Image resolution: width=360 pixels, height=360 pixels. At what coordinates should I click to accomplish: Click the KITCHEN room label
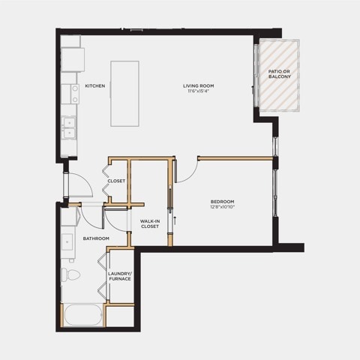[x=95, y=86]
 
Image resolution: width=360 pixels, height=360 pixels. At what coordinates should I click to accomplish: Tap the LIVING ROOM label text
[x=199, y=86]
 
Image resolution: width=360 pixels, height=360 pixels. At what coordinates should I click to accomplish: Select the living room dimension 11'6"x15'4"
[x=199, y=91]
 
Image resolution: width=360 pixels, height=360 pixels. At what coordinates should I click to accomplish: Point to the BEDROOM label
[x=222, y=202]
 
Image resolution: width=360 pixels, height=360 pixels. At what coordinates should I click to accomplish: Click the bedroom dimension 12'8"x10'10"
[x=222, y=207]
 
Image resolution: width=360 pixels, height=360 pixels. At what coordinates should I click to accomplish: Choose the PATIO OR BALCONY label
[x=280, y=74]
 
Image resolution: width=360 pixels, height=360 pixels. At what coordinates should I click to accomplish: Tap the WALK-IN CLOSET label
[x=150, y=223]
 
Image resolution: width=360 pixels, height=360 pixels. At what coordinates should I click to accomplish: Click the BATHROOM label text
[x=96, y=238]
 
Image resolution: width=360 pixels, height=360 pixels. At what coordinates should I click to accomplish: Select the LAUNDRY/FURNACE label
[x=119, y=276]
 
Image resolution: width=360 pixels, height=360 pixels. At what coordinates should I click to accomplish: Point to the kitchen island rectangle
[x=124, y=94]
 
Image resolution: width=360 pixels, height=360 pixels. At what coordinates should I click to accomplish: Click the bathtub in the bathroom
[x=83, y=315]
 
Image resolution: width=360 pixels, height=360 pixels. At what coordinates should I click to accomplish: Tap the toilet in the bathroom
[x=70, y=274]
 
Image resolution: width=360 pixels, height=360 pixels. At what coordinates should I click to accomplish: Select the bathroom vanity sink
[x=67, y=242]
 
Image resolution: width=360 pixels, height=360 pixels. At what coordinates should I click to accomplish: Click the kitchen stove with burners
[x=70, y=94]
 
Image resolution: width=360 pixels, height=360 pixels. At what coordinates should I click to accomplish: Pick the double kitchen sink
[x=69, y=127]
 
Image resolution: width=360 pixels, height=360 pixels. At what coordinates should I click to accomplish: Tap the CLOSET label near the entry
[x=116, y=181]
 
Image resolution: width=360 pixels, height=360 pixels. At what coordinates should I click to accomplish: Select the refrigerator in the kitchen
[x=73, y=60]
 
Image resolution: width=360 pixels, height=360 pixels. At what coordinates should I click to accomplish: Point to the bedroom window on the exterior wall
[x=275, y=193]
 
